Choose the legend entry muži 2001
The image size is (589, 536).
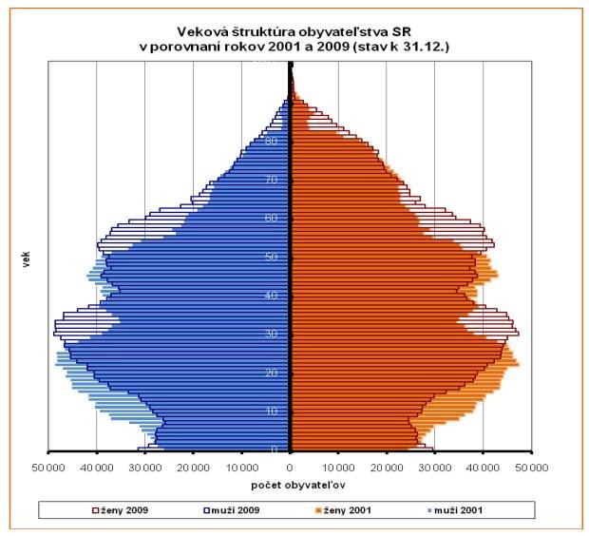[461, 510]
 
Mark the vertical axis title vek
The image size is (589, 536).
[24, 258]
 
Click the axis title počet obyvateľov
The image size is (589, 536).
[291, 485]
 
